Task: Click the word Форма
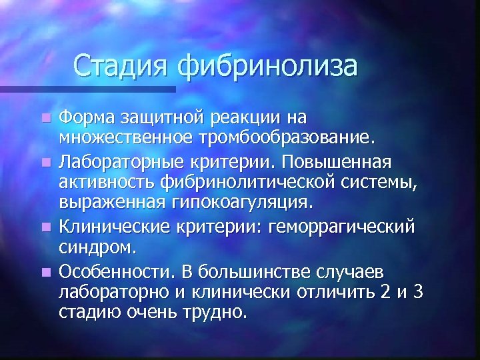click(x=88, y=118)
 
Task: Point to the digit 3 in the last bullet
click(x=418, y=291)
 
